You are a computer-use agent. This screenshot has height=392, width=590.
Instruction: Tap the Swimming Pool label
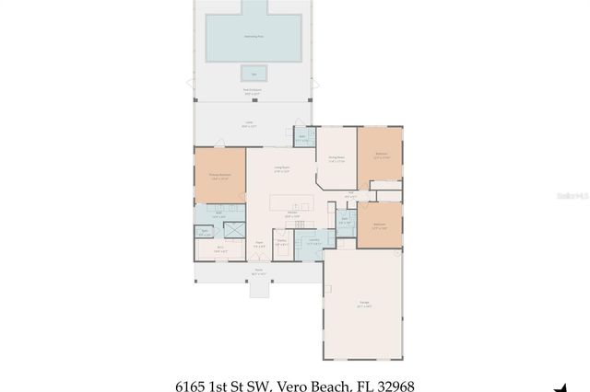254,37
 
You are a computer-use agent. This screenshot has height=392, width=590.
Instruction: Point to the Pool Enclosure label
251,92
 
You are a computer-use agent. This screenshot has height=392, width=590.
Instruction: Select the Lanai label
249,124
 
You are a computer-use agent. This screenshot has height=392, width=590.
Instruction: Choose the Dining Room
336,158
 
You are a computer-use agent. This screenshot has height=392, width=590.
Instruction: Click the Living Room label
281,168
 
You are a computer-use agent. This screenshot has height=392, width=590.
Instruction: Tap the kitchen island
293,202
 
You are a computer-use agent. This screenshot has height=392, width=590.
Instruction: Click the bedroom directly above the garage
379,225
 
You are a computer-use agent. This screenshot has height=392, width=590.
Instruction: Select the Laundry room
314,241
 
